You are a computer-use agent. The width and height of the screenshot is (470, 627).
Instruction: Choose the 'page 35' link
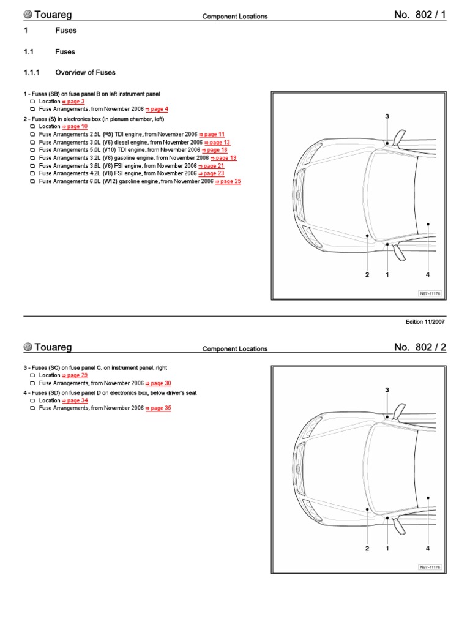tap(159, 408)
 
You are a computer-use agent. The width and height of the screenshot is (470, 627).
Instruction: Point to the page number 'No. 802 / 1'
tap(420, 15)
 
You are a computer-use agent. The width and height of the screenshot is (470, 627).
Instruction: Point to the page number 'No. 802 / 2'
tap(420, 347)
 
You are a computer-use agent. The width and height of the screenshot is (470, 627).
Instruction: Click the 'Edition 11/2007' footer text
tap(426, 322)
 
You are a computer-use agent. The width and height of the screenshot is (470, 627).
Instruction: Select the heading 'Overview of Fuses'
tap(85, 72)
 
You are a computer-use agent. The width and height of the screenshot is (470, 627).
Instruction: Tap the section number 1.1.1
tap(31, 72)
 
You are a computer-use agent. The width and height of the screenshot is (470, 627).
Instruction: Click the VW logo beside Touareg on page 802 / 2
tap(28, 347)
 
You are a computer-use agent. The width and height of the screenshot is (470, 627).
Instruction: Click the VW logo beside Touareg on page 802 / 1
tap(28, 15)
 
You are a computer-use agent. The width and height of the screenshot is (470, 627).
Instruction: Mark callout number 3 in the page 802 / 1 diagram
tap(387, 116)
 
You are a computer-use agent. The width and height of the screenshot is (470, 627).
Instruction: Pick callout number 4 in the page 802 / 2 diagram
tap(428, 549)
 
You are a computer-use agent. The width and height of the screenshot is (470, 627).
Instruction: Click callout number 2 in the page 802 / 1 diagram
tap(367, 275)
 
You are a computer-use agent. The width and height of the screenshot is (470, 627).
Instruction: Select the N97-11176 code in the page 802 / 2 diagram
tap(430, 567)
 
